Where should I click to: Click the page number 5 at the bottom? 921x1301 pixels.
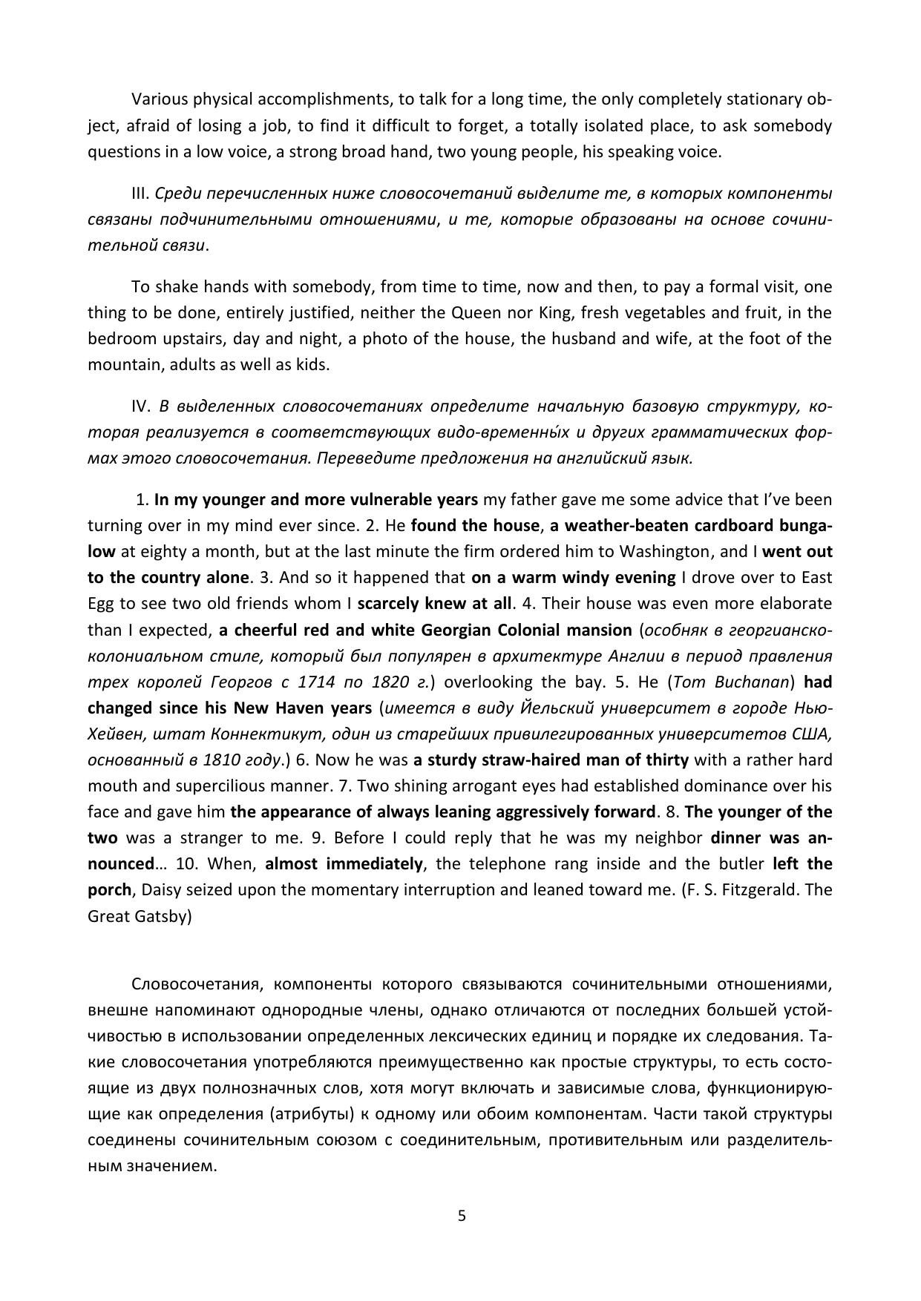(x=462, y=1216)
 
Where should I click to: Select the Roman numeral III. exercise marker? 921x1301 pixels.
(x=141, y=194)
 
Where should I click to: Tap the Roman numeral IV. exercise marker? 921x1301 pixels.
(x=141, y=406)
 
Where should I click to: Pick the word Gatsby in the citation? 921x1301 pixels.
(x=163, y=916)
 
